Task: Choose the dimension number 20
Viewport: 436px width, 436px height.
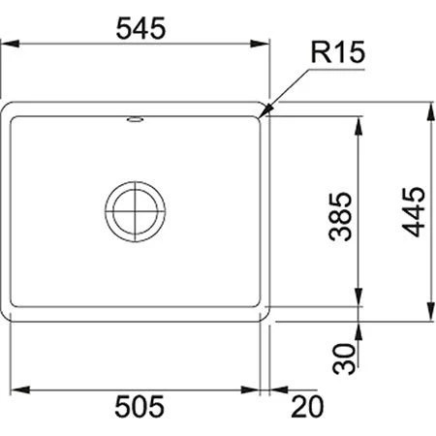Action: point(306,406)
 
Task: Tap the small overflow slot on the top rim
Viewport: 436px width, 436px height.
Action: point(135,121)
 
